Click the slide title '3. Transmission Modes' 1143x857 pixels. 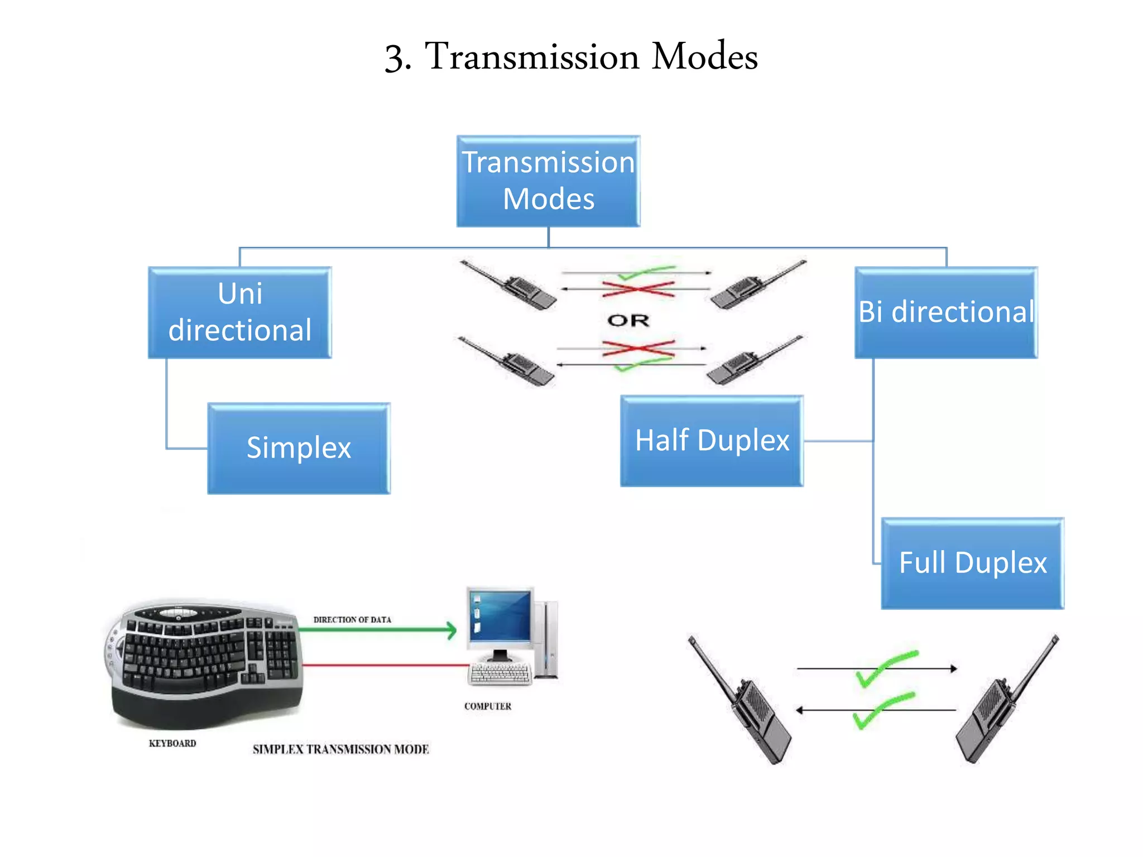(x=571, y=56)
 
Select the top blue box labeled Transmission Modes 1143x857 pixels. (x=548, y=181)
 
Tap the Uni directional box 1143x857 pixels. (x=239, y=312)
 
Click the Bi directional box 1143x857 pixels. (x=946, y=312)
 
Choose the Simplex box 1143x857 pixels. (x=299, y=448)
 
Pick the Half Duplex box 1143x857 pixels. (x=712, y=441)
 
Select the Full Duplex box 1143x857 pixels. (x=972, y=563)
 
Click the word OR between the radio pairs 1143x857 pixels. (x=628, y=321)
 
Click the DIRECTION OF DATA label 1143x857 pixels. (x=352, y=620)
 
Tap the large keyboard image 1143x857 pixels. (x=204, y=664)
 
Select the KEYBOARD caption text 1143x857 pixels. (x=172, y=743)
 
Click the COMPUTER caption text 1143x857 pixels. (x=488, y=706)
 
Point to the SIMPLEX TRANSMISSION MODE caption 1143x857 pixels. (x=340, y=749)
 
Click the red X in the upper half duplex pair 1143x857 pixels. (x=638, y=289)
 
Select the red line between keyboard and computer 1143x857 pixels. (x=385, y=665)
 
